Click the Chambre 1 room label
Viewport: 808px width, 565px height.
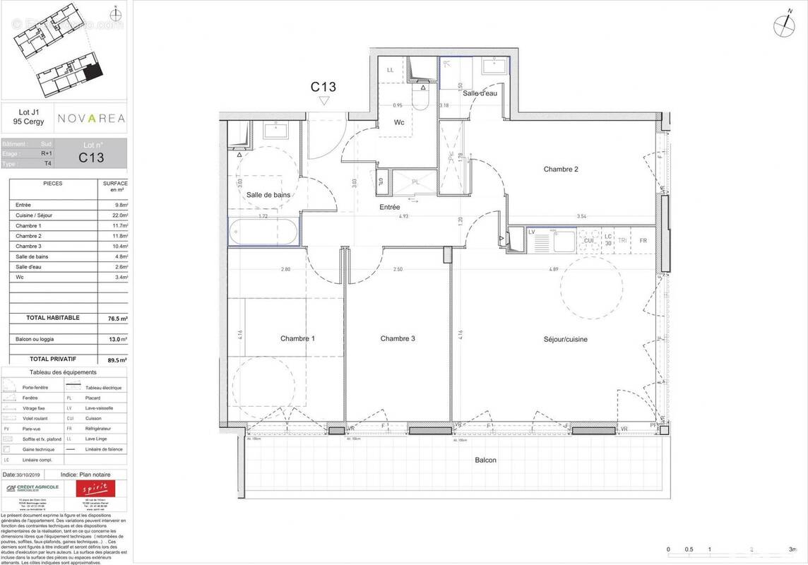pyautogui.click(x=297, y=339)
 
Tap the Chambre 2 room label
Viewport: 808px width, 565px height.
pyautogui.click(x=561, y=169)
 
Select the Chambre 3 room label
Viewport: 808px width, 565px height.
pyautogui.click(x=398, y=339)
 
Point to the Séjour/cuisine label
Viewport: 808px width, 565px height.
pyautogui.click(x=565, y=340)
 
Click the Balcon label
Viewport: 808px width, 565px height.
pyautogui.click(x=485, y=460)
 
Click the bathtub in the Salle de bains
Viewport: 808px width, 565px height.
pyautogui.click(x=262, y=231)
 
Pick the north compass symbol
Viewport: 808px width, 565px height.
pyautogui.click(x=783, y=24)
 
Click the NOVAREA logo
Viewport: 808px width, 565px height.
pyautogui.click(x=91, y=119)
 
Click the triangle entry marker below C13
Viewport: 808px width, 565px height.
pyautogui.click(x=323, y=101)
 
